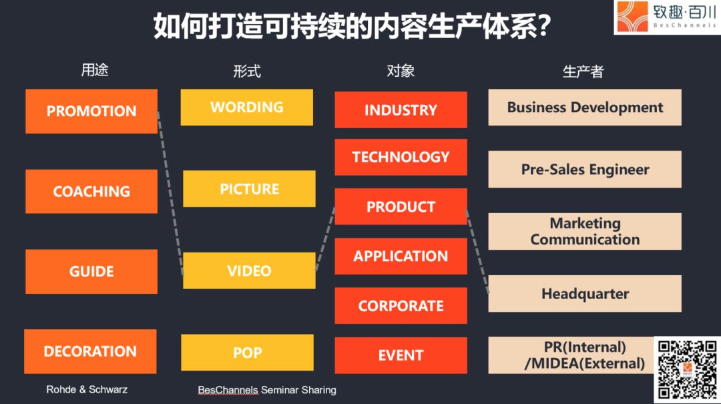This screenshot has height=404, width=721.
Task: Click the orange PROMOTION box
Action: click(91, 112)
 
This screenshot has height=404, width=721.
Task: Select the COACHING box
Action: click(91, 192)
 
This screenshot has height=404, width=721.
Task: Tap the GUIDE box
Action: click(91, 272)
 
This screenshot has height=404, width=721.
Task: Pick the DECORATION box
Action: click(90, 351)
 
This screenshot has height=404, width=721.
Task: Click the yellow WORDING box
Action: click(247, 108)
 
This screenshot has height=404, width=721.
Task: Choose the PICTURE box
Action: click(249, 189)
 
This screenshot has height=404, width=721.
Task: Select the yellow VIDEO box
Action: click(249, 270)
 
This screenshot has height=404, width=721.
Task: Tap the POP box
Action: click(248, 353)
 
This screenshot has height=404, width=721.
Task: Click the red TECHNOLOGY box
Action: click(401, 158)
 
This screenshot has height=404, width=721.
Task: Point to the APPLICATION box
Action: click(401, 256)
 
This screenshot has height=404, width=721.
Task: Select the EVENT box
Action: click(401, 355)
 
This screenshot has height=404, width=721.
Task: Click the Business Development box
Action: click(585, 108)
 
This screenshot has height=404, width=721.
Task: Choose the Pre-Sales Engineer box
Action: click(585, 170)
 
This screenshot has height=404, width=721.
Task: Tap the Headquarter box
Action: click(585, 294)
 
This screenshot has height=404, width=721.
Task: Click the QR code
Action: click(688, 369)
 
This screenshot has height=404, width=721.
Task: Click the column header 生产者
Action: click(583, 71)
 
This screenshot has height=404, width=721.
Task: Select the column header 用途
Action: click(95, 70)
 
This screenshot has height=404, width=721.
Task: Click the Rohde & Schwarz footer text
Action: click(87, 389)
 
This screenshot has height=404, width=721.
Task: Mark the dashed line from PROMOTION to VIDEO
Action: click(170, 193)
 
